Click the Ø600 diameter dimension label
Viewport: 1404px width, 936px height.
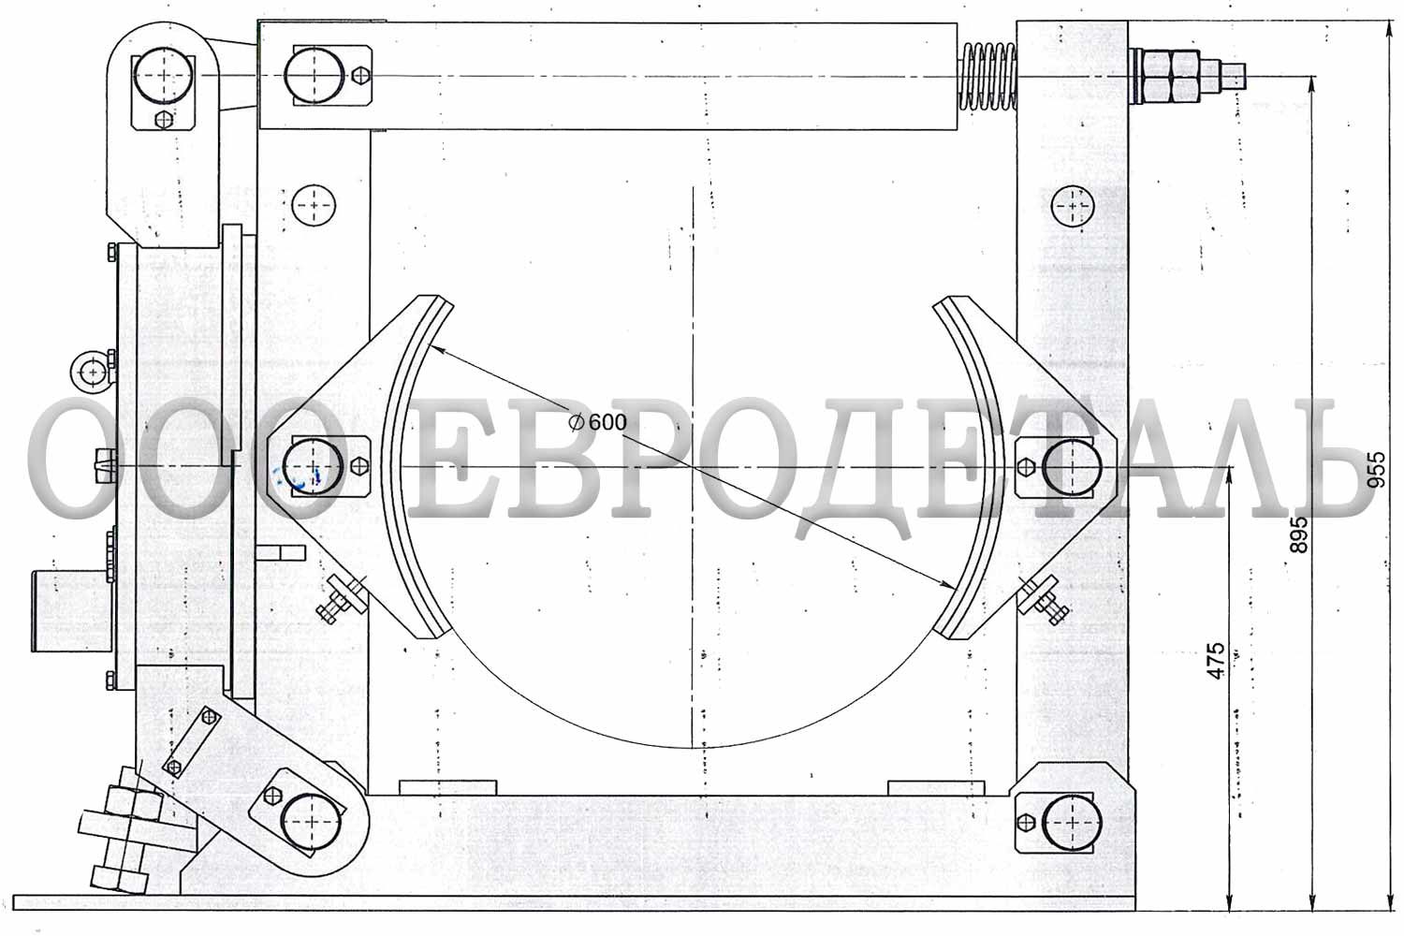597,422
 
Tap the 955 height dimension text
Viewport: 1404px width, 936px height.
1377,469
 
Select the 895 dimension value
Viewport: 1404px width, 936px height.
1299,534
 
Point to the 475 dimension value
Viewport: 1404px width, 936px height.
1215,660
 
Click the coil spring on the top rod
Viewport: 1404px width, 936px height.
989,77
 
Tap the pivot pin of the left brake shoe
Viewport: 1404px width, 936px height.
312,467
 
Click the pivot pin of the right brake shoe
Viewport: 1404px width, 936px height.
1072,467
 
